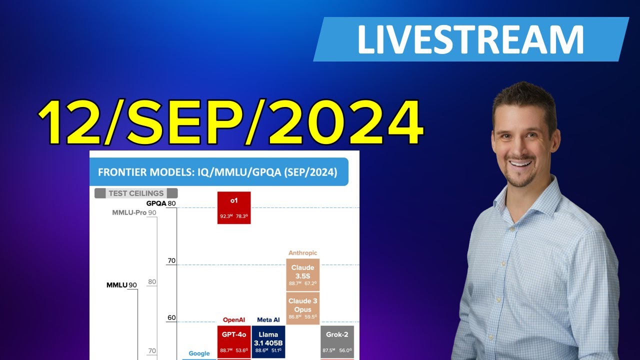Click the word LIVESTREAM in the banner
(470, 39)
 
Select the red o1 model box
(233, 207)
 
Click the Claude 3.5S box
(302, 275)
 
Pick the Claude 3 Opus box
(302, 308)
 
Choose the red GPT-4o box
(233, 342)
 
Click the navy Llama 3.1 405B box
(268, 342)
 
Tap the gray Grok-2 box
(337, 342)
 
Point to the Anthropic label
(302, 253)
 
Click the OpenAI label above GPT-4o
(233, 320)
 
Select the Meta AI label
(268, 320)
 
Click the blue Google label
(199, 353)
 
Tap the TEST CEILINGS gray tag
(136, 193)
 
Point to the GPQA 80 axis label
(161, 203)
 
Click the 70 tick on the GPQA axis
(171, 260)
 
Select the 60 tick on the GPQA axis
(171, 317)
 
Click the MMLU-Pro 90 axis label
(134, 213)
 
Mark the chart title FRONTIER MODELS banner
(218, 172)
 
